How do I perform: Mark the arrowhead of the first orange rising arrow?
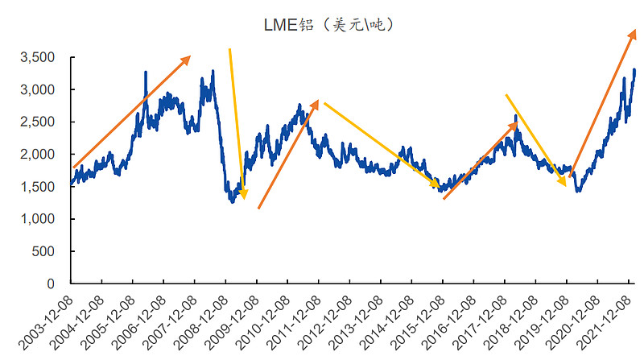point(188,57)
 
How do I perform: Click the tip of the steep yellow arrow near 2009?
point(244,197)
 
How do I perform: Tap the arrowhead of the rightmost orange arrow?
point(634,31)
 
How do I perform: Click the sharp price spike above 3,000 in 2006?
point(146,72)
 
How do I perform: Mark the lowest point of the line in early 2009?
point(233,201)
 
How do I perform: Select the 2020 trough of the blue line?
point(578,191)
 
